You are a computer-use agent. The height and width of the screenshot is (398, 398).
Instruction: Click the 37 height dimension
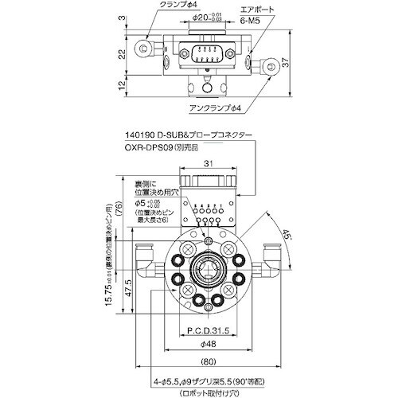pyautogui.click(x=295, y=63)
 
